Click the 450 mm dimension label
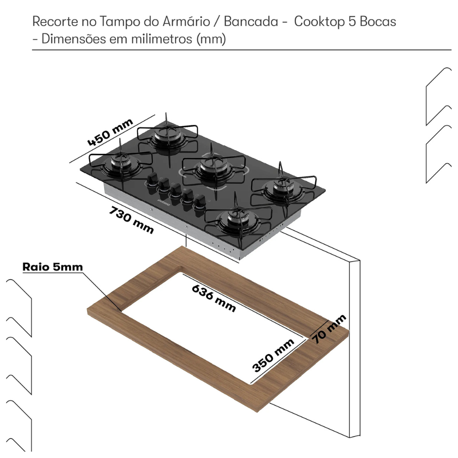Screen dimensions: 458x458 (110, 132)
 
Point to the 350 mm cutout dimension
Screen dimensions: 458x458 (273, 355)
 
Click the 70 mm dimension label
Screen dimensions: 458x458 (330, 329)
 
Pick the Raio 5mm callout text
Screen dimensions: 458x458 (53, 267)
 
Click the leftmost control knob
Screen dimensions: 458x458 (151, 179)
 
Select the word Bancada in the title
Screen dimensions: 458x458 (251, 22)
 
